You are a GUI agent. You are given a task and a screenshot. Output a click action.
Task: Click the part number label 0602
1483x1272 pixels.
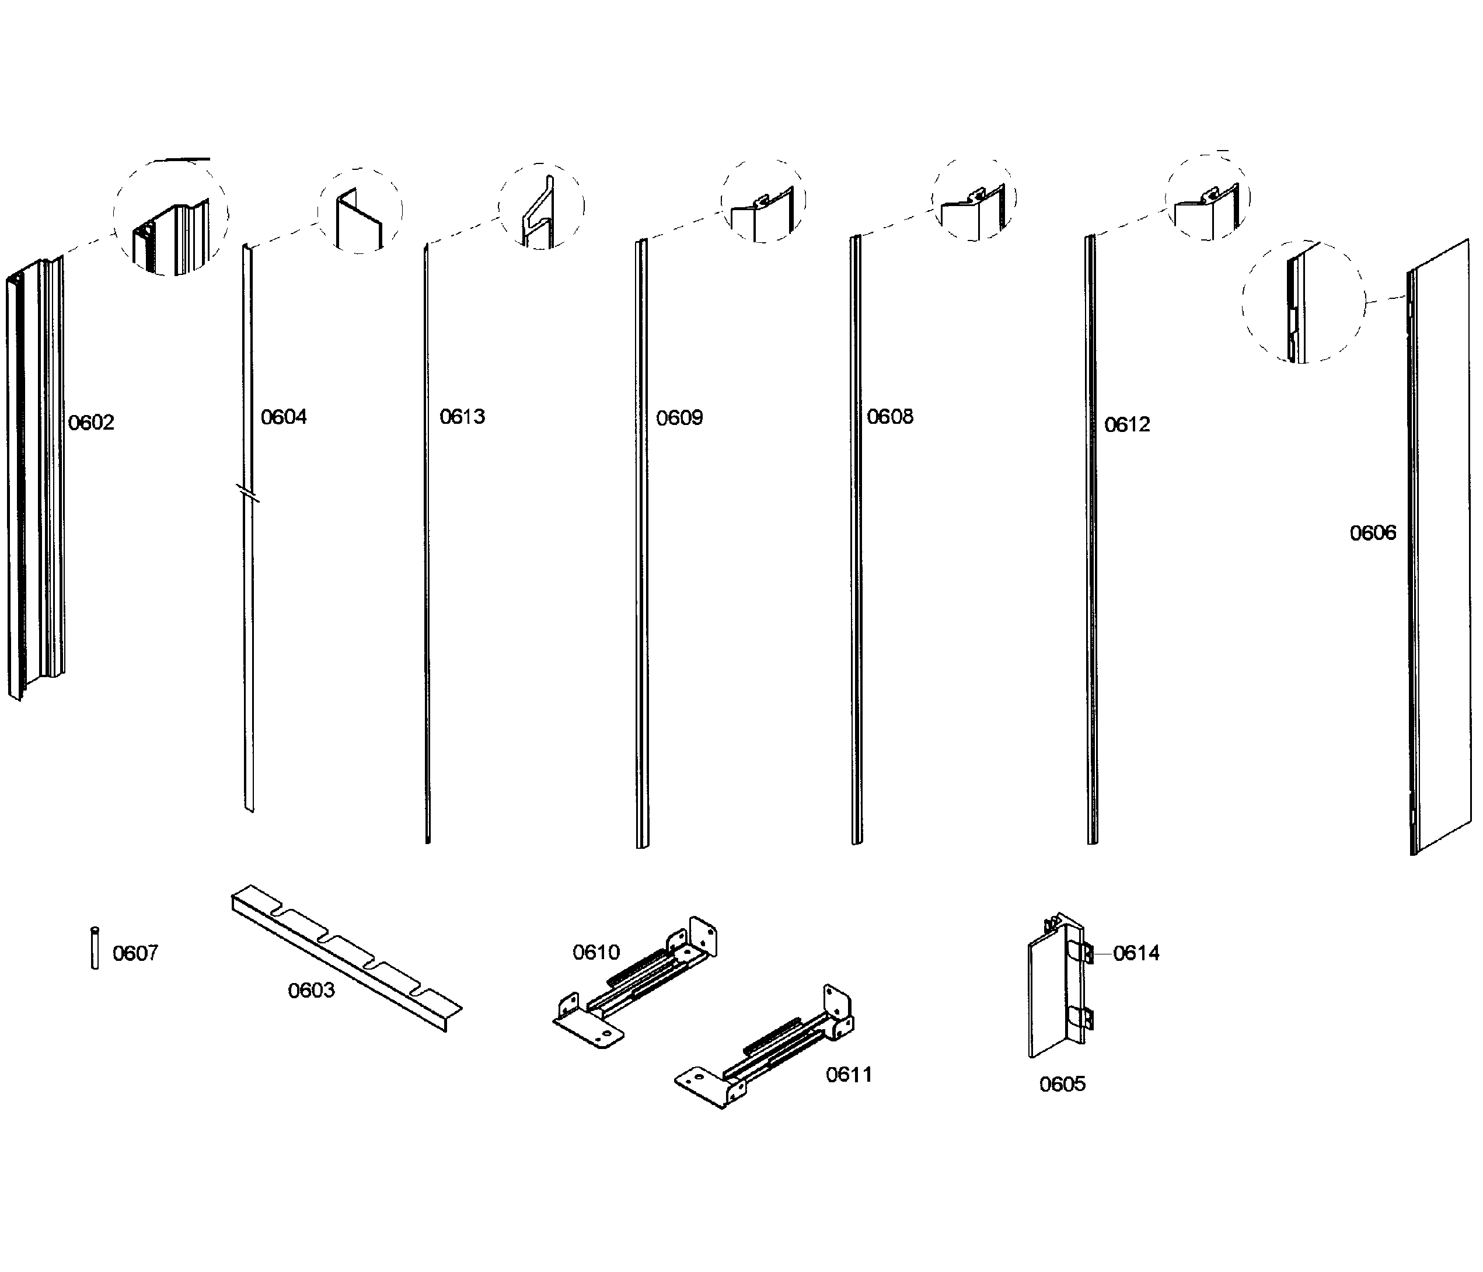pos(91,423)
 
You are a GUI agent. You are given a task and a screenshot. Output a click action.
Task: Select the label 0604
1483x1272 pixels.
pos(284,417)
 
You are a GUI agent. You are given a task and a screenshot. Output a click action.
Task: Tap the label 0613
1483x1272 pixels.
pos(462,417)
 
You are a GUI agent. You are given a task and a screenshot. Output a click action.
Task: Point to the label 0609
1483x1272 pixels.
pos(679,418)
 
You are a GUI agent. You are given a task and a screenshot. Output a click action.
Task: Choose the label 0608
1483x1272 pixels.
pos(889,417)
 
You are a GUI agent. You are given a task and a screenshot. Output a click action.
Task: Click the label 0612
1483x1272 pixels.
pos(1128,425)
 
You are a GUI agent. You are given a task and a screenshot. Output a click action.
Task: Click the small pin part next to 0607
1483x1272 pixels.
pos(95,949)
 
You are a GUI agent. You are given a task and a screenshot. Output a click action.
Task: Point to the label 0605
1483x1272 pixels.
pos(1062,1085)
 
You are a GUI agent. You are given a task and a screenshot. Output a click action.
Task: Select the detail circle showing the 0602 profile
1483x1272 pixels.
pos(171,218)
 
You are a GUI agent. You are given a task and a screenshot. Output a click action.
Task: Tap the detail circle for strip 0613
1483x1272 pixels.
pos(541,206)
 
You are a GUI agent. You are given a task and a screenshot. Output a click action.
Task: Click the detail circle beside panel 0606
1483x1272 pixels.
pos(1303,302)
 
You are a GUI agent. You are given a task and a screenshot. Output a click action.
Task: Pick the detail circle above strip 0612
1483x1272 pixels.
pos(1207,197)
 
